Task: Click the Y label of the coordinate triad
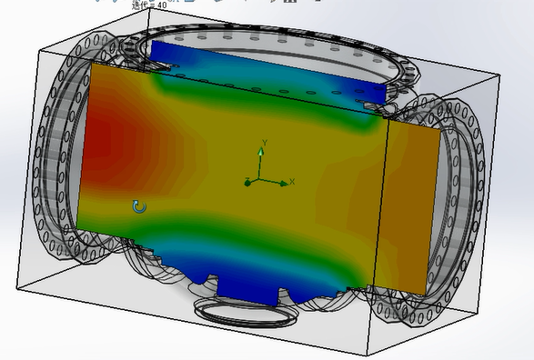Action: point(264,143)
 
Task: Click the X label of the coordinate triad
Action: point(293,181)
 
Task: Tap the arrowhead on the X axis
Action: point(283,182)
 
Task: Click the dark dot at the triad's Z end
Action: point(247,183)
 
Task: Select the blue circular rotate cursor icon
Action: point(139,207)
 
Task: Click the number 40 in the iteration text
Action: point(162,5)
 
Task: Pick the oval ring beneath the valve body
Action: point(246,313)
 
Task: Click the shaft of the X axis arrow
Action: point(271,182)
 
